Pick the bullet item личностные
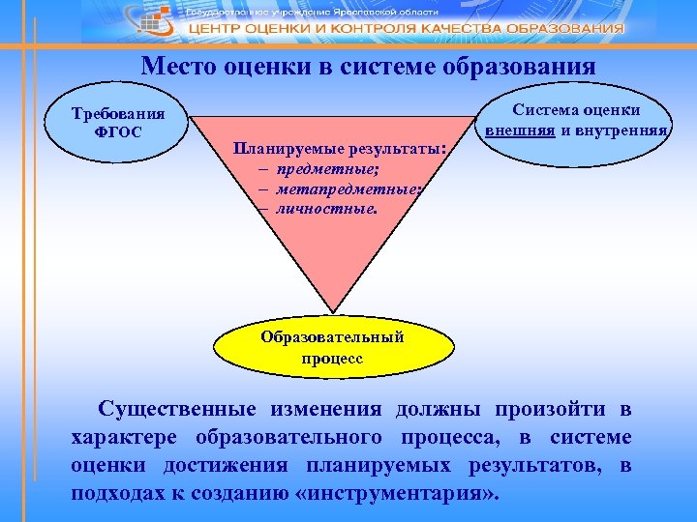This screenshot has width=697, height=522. pos(323,208)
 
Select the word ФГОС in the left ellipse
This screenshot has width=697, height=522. pos(117,131)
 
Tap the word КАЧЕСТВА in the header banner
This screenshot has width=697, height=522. pos(478,29)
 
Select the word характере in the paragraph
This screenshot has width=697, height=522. pos(124,437)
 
